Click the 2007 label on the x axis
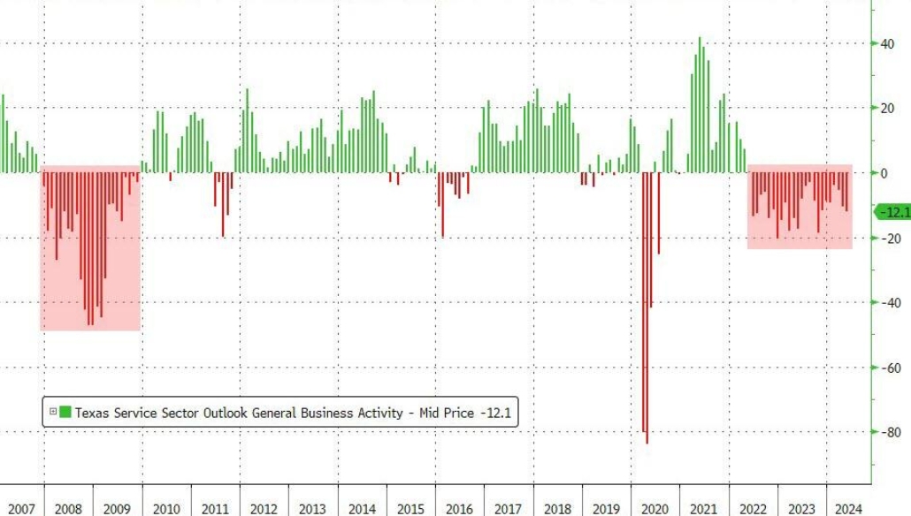click(x=20, y=509)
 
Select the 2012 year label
click(x=264, y=509)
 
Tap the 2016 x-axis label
click(x=458, y=509)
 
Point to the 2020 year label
click(x=654, y=509)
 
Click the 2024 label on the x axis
click(x=848, y=509)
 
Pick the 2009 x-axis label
click(x=118, y=509)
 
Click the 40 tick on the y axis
click(x=885, y=43)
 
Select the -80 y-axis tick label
click(x=887, y=432)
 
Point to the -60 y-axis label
click(x=887, y=368)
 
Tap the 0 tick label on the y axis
click(x=884, y=173)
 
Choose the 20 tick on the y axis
click(x=885, y=108)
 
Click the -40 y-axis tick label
click(x=887, y=303)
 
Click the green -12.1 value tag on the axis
click(x=892, y=212)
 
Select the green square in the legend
click(x=65, y=412)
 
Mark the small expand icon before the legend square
click(x=53, y=412)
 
